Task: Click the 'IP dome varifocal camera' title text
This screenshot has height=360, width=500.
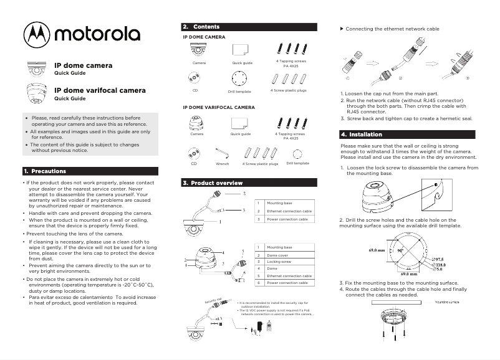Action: pyautogui.click(x=100, y=90)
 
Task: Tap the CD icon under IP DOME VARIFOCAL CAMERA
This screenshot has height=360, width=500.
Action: pyautogui.click(x=195, y=153)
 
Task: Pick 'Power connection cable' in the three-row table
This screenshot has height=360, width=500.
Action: pyautogui.click(x=287, y=219)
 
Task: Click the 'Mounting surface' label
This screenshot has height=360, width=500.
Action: pyautogui.click(x=446, y=301)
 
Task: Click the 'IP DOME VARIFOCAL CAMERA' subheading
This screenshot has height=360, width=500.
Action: pyautogui.click(x=219, y=107)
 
